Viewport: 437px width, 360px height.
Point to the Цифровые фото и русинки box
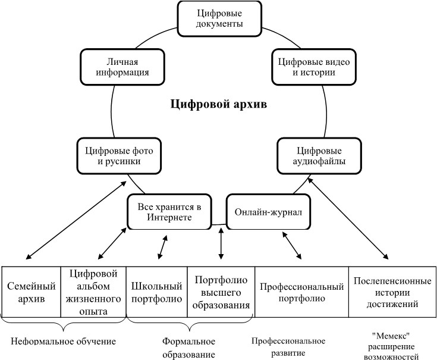pos(120,155)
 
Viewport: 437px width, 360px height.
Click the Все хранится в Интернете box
pos(169,212)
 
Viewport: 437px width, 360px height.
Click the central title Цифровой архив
pos(218,105)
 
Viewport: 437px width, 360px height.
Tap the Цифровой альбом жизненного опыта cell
pos(93,292)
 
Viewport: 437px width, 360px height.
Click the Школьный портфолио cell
pos(156,292)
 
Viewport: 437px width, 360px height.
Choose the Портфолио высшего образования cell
pos(221,292)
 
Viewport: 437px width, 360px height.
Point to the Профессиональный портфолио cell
pos(301,292)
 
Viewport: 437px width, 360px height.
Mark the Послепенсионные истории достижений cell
pos(392,292)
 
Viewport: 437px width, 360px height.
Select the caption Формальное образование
pos(188,347)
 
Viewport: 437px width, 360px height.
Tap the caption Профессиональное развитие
pos(288,346)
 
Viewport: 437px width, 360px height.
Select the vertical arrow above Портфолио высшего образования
pos(221,243)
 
